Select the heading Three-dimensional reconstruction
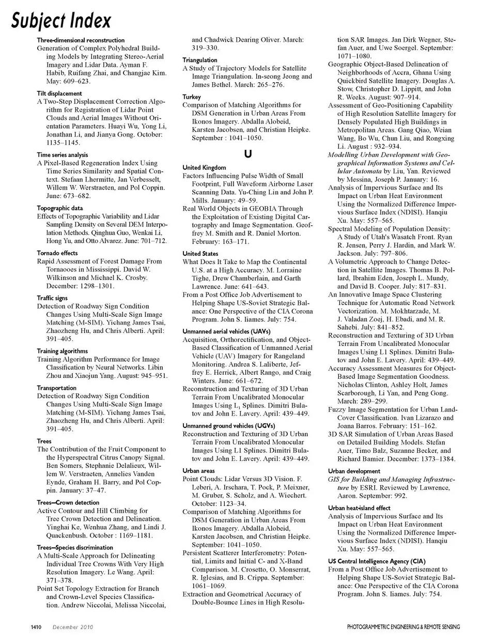(x=81, y=40)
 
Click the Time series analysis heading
(x=62, y=155)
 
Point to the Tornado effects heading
(x=57, y=253)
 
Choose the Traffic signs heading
(x=52, y=298)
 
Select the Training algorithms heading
(x=62, y=351)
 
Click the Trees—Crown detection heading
(x=68, y=502)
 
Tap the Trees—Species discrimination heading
(x=75, y=547)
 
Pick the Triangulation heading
(x=200, y=60)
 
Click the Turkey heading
(x=191, y=97)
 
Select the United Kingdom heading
(x=204, y=167)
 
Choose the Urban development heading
(x=354, y=471)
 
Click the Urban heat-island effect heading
(x=359, y=508)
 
